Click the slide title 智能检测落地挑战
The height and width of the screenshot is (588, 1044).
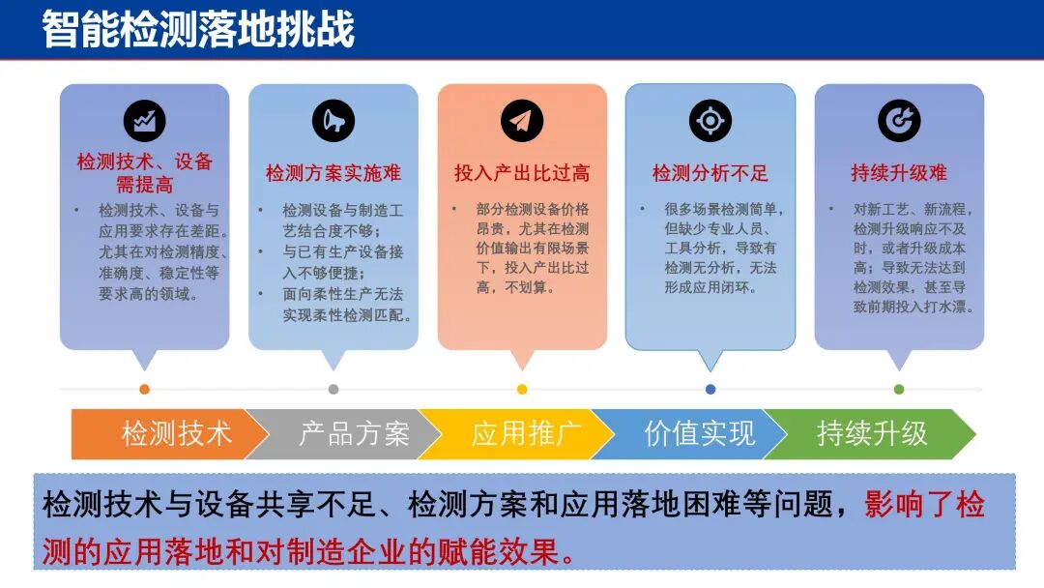198,29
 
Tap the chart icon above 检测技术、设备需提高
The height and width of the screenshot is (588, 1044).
145,122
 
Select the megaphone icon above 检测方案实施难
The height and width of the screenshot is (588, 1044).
333,122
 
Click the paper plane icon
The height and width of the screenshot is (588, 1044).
522,122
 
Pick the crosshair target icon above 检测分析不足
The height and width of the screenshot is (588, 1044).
710,122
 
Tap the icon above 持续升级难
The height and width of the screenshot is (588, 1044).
899,122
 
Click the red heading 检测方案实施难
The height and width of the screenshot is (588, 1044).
333,174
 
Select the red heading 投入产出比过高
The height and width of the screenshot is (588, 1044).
522,174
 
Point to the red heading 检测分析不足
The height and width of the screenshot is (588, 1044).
710,174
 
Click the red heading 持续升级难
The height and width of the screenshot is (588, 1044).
899,174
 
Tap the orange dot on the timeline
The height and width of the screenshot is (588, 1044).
145,390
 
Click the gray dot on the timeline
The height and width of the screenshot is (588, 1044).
333,390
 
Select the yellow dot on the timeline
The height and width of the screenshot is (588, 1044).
522,390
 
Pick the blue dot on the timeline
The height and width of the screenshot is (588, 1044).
710,390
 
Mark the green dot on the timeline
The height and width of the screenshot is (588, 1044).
899,390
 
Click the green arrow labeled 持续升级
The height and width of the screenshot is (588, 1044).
870,434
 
